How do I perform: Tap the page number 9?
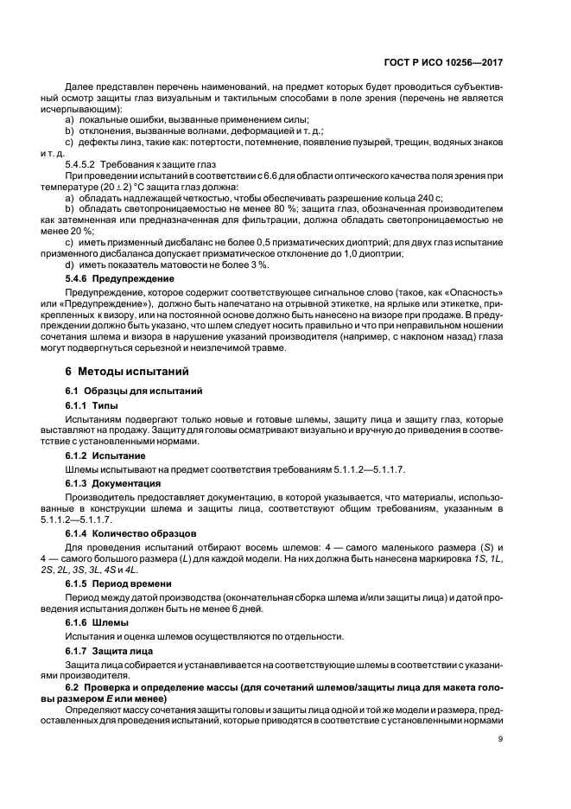(500, 739)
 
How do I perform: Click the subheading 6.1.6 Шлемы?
(97, 622)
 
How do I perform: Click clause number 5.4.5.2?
(83, 163)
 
